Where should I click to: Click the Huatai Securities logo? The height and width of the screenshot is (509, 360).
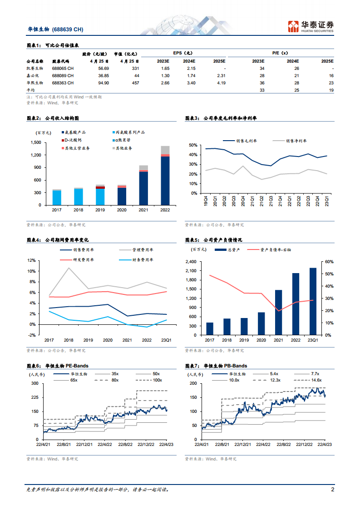(x=311, y=26)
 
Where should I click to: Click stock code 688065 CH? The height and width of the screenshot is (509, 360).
(x=63, y=68)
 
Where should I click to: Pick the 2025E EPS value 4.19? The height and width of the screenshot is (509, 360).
(x=221, y=83)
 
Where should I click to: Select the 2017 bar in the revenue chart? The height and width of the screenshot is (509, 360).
(x=57, y=197)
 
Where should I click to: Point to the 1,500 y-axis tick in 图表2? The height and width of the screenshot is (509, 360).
(x=48, y=142)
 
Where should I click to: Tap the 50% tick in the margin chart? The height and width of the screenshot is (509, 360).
(x=193, y=145)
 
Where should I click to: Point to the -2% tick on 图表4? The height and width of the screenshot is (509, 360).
(x=32, y=335)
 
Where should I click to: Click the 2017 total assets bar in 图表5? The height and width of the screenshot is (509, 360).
(x=210, y=329)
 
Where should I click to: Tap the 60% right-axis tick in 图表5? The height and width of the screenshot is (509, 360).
(x=330, y=262)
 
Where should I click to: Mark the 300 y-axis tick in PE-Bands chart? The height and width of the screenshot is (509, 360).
(x=35, y=383)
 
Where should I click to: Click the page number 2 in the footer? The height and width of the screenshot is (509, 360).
(x=332, y=489)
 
